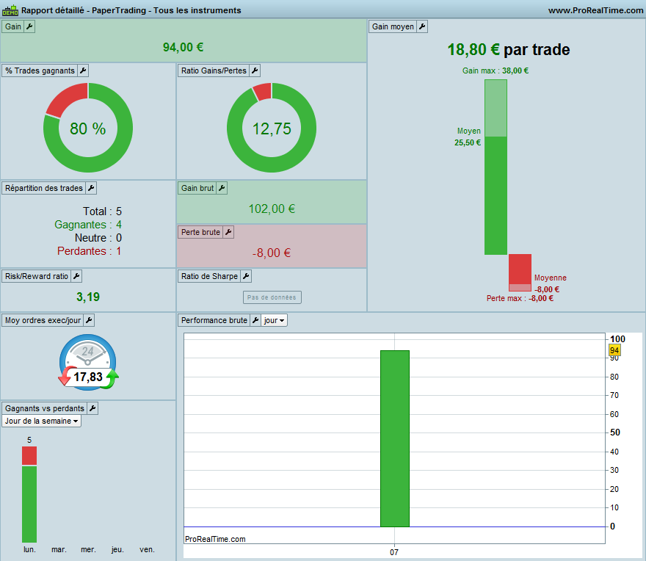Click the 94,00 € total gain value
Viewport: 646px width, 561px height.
[183, 48]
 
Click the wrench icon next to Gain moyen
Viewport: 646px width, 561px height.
[422, 26]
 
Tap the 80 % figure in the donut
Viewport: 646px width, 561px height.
[88, 129]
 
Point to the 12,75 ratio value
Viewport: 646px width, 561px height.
[272, 129]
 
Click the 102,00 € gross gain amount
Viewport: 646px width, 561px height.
[272, 209]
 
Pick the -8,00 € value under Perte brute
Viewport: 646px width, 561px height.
[272, 253]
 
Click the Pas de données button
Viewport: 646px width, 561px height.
[272, 297]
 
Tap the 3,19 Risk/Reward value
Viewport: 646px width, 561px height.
[88, 297]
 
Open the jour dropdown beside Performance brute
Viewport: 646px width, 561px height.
[274, 320]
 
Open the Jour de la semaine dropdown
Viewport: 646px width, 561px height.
[41, 421]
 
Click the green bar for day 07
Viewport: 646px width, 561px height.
[395, 438]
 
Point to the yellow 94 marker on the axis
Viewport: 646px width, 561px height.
[614, 350]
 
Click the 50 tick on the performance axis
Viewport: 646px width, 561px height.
[614, 432]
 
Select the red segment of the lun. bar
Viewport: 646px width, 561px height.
[29, 456]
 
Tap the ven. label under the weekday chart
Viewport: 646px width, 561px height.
[147, 549]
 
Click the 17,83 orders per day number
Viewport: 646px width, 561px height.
[88, 377]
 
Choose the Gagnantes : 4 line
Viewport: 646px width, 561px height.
[88, 225]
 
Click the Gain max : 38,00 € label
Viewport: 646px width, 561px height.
[496, 71]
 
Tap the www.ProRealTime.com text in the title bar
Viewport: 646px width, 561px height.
[595, 10]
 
